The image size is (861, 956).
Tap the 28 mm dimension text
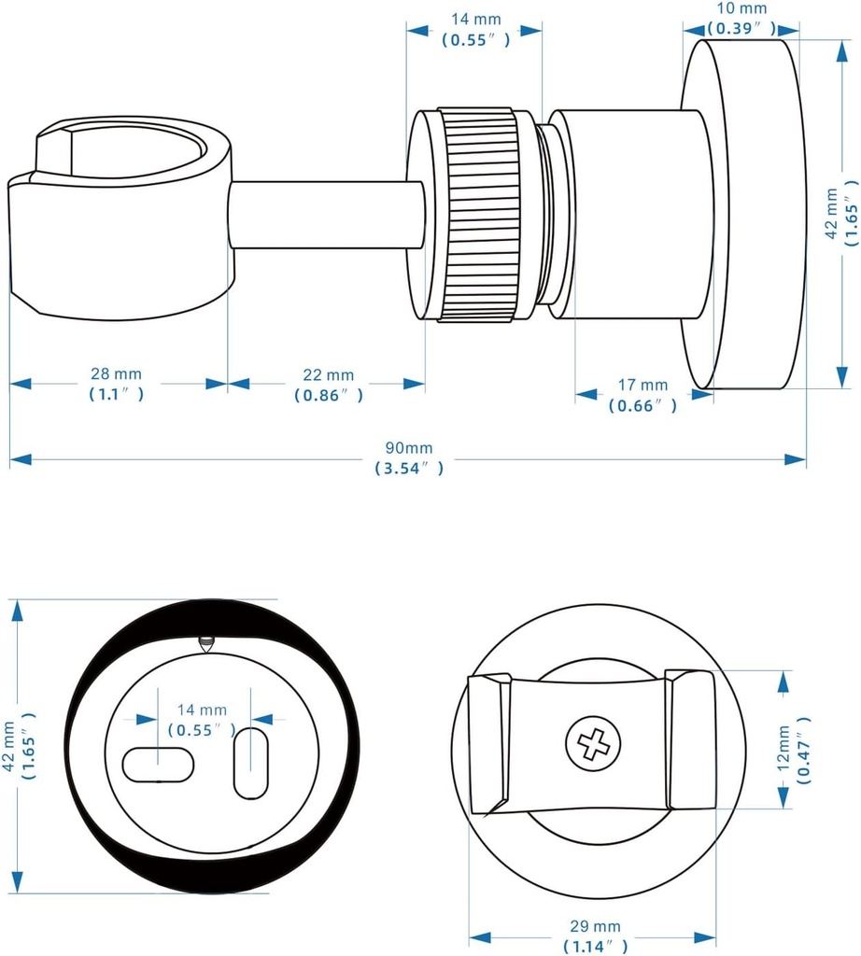(117, 374)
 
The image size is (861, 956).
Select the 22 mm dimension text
(328, 374)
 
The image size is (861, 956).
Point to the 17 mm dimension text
(642, 385)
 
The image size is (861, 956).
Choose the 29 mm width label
(597, 927)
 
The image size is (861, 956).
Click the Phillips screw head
(592, 744)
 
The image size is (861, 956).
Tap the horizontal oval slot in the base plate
(158, 763)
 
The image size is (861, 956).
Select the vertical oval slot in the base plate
(250, 763)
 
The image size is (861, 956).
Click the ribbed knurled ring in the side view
(478, 215)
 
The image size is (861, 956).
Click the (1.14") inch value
(597, 946)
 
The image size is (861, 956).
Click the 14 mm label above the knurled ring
(474, 18)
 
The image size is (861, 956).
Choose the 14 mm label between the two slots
(194, 710)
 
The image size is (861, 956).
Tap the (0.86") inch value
(328, 395)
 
